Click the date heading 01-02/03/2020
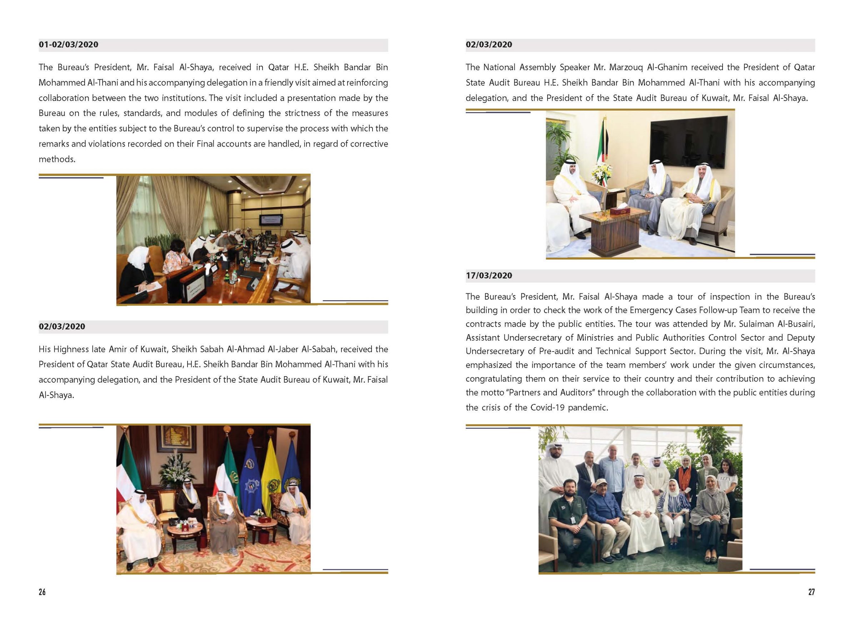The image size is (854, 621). (x=69, y=44)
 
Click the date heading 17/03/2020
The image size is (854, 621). (x=489, y=276)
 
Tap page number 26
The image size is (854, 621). (x=42, y=592)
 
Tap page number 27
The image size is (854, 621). (x=811, y=592)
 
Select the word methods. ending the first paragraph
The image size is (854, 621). (x=57, y=159)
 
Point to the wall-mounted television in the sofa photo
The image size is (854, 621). (x=689, y=142)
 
